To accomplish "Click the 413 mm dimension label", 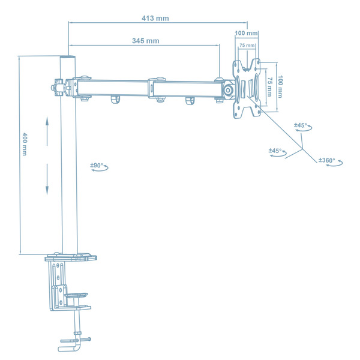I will point(155,18).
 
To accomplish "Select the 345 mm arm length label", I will point(145,41).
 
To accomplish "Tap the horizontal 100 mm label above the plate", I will point(246,33).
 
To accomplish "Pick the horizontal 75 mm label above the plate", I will point(247,45).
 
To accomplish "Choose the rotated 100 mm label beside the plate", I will point(279,86).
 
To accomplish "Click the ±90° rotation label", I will point(97,164).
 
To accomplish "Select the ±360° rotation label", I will point(326,160).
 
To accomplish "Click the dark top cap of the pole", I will point(69,59).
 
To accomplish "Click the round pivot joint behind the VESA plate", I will point(229,88).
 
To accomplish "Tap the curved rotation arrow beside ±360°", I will point(340,161).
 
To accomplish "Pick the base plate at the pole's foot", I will point(70,258).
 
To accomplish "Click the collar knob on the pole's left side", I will point(58,86).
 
